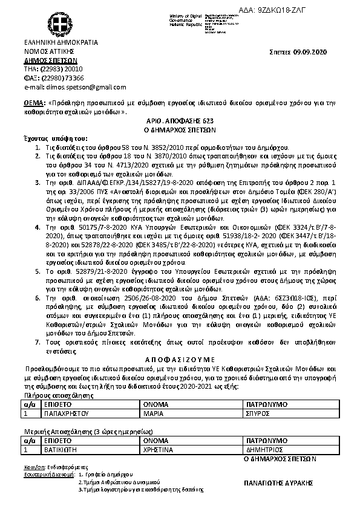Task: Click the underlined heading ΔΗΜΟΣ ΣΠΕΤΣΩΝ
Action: coord(50,61)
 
